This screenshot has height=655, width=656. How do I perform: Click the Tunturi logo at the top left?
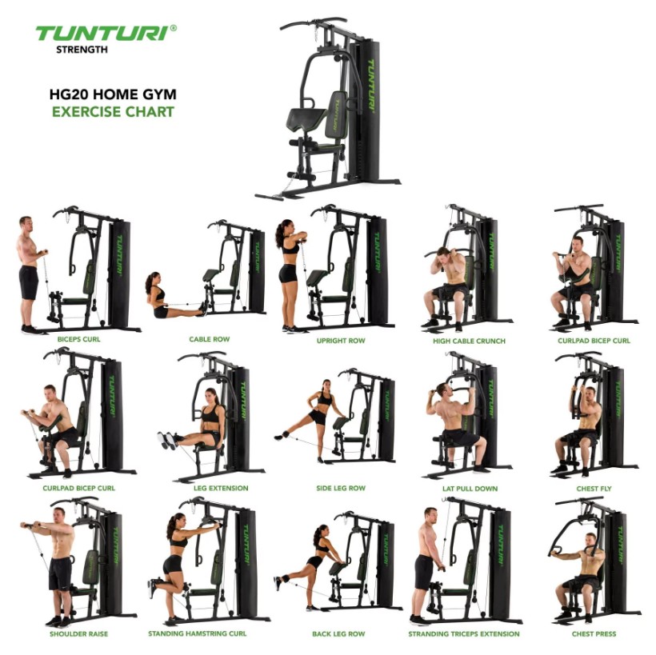pos(106,33)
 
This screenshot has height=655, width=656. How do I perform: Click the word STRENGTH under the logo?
pos(82,50)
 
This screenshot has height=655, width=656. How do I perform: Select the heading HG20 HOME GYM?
pos(113,94)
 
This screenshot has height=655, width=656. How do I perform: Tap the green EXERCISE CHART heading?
pos(113,112)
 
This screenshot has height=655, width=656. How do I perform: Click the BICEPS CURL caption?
pos(78,339)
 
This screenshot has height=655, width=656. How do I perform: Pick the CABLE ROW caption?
pos(209,339)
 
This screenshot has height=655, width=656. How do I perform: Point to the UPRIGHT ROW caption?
pos(341,341)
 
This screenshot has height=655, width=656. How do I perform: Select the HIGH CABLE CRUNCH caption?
pos(469,341)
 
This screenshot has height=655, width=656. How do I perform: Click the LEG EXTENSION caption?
pos(221,488)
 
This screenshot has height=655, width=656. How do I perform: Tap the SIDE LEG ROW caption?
pos(341,488)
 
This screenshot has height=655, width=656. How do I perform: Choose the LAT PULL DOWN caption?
pos(470,489)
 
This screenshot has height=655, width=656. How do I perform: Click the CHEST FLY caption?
pos(594,489)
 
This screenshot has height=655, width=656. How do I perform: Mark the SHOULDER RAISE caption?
pos(78,633)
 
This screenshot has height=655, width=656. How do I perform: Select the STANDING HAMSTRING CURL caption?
pos(197,633)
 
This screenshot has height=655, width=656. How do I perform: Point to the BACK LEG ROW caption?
pos(338,634)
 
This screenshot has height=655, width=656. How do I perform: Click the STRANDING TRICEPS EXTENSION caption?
pos(464,634)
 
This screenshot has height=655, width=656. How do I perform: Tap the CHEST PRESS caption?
pos(594,634)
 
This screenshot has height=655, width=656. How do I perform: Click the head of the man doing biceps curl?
pos(26,223)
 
